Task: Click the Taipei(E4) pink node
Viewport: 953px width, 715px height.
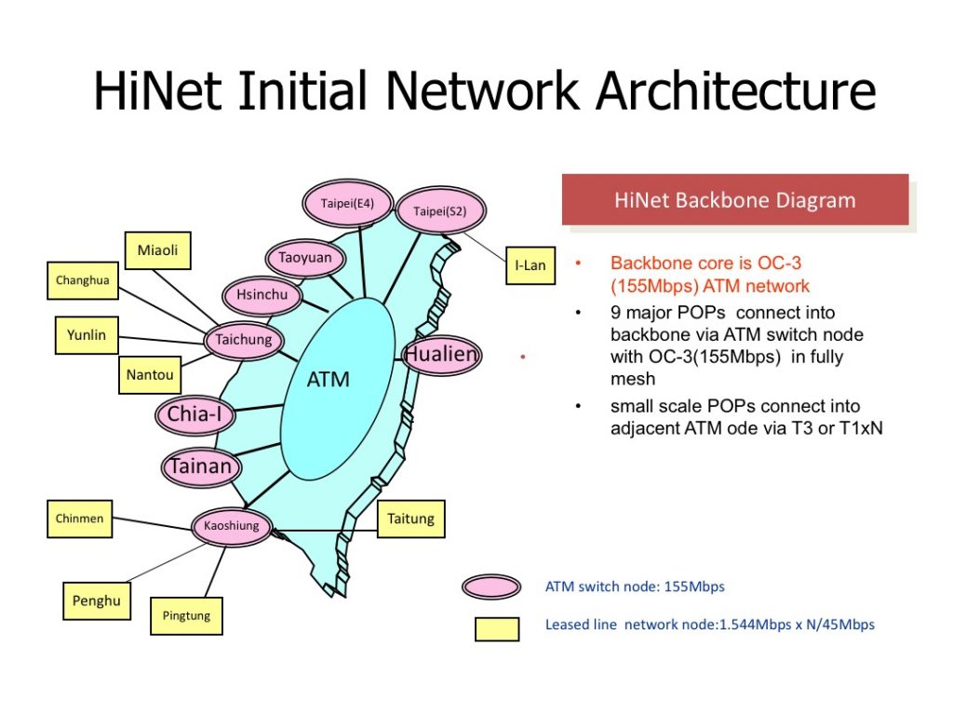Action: pyautogui.click(x=347, y=203)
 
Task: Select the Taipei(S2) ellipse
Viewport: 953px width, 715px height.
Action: pyautogui.click(x=440, y=211)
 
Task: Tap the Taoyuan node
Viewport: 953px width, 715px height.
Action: pyautogui.click(x=305, y=258)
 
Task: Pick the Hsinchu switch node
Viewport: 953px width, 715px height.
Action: pyautogui.click(x=262, y=296)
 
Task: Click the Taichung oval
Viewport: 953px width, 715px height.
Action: pyautogui.click(x=244, y=340)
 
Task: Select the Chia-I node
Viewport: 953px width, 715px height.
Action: pyautogui.click(x=195, y=415)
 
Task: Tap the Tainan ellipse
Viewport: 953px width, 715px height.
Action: pyautogui.click(x=200, y=465)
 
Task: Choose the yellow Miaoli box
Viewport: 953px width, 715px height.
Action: pyautogui.click(x=157, y=250)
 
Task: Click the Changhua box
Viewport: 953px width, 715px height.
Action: pyautogui.click(x=83, y=280)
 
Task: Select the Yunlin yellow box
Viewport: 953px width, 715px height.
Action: pyautogui.click(x=87, y=336)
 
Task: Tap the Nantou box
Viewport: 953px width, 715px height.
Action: pyautogui.click(x=149, y=375)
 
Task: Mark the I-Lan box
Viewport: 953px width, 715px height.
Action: pyautogui.click(x=530, y=265)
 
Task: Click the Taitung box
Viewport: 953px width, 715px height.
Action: pyautogui.click(x=410, y=519)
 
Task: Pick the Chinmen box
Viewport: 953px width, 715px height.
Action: pyautogui.click(x=79, y=519)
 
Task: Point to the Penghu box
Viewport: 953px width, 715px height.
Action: pyautogui.click(x=97, y=601)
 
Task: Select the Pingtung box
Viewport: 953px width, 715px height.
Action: pyautogui.click(x=186, y=615)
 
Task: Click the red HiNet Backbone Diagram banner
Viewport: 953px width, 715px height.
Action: pyautogui.click(x=734, y=200)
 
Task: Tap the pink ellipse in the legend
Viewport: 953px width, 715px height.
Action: pyautogui.click(x=491, y=587)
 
